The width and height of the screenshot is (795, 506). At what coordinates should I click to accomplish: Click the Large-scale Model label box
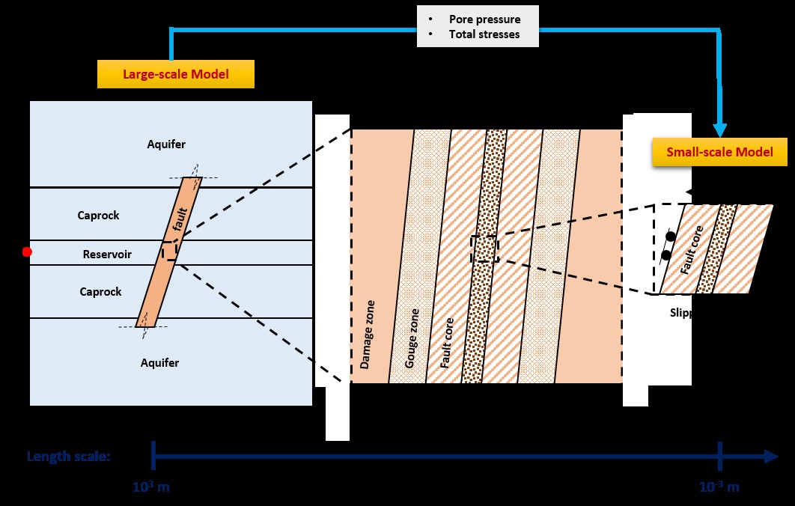pyautogui.click(x=175, y=74)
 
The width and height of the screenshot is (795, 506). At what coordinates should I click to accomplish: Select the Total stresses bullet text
pyautogui.click(x=484, y=34)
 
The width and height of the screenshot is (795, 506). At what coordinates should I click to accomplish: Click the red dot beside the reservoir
pyautogui.click(x=27, y=252)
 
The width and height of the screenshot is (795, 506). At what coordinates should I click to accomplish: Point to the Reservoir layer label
pyautogui.click(x=107, y=254)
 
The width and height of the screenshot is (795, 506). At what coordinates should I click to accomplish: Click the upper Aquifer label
pyautogui.click(x=166, y=144)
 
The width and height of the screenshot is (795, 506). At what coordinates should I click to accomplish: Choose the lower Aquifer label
pyautogui.click(x=160, y=363)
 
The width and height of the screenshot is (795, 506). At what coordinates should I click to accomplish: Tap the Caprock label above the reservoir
pyautogui.click(x=99, y=216)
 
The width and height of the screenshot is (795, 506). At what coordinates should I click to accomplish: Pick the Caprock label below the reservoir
pyautogui.click(x=100, y=292)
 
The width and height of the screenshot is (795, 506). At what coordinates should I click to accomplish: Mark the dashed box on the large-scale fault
pyautogui.click(x=169, y=250)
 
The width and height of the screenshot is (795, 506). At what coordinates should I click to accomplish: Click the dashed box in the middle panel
pyautogui.click(x=484, y=249)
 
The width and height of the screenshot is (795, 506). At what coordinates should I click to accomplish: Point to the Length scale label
pyautogui.click(x=69, y=456)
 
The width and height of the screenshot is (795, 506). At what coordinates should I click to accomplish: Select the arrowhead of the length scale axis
pyautogui.click(x=770, y=456)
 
